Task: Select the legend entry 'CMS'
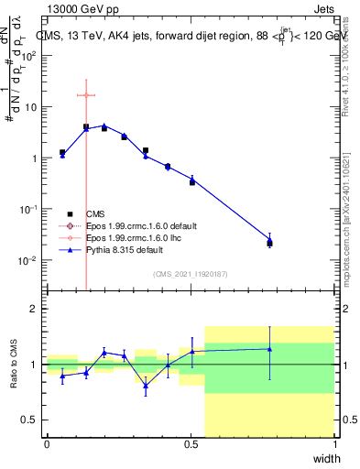tap(95, 213)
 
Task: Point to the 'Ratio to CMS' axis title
tap(14, 365)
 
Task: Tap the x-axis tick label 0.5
tap(191, 444)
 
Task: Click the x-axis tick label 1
tap(334, 444)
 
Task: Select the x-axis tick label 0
tap(48, 444)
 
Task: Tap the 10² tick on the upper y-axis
tap(28, 56)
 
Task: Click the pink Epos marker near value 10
tap(86, 95)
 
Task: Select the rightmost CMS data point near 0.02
tap(269, 243)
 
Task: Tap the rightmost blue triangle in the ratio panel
tap(269, 348)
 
